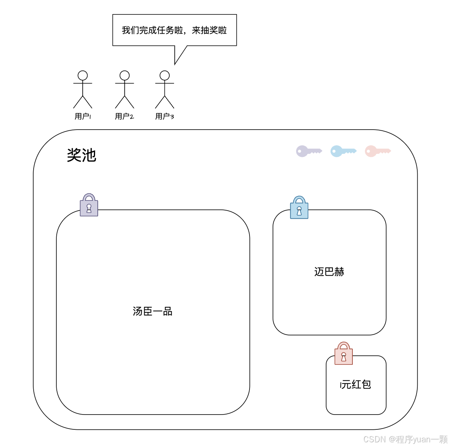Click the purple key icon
click(x=308, y=151)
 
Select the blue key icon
click(x=343, y=151)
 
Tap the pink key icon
click(x=377, y=151)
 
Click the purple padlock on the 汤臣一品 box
click(x=89, y=205)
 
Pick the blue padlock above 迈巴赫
click(x=299, y=208)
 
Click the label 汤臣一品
click(x=153, y=312)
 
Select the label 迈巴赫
click(x=329, y=272)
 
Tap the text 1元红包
click(x=356, y=385)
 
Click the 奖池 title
click(x=81, y=155)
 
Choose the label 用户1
click(x=83, y=116)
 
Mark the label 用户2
click(x=124, y=116)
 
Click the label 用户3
click(x=165, y=116)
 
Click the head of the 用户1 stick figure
click(x=83, y=76)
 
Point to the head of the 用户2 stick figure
click(x=124, y=76)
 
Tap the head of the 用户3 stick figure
click(x=165, y=76)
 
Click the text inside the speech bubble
click(x=174, y=31)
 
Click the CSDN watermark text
click(x=405, y=439)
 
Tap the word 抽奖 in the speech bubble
click(x=209, y=31)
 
